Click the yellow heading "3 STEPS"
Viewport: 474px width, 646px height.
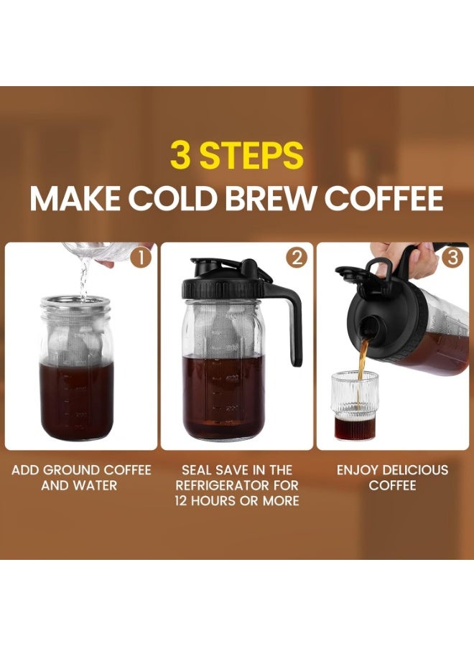coord(236,154)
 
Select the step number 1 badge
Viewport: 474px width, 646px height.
coord(141,257)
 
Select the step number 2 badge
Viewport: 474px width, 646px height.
coord(297,257)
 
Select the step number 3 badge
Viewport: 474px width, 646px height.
coord(452,257)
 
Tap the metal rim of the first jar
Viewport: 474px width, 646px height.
coord(75,304)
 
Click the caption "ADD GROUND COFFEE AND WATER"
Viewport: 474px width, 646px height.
coord(81,477)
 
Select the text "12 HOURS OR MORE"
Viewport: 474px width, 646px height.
coord(236,500)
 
